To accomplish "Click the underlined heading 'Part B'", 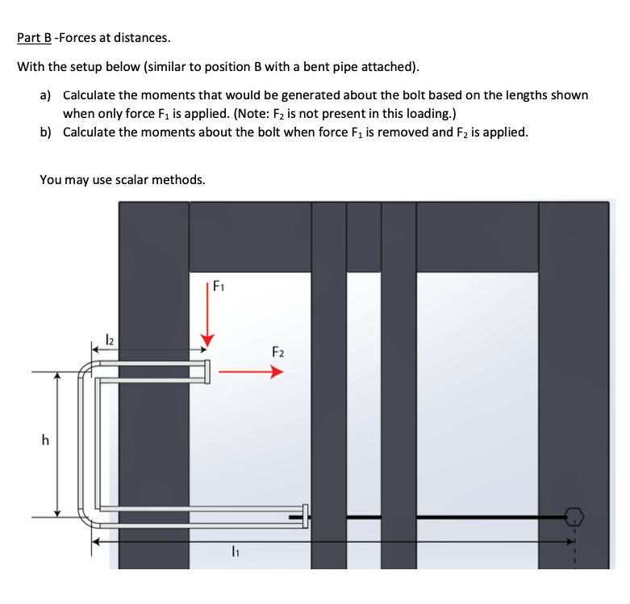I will tap(32, 37).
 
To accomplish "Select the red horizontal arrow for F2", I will tap(251, 372).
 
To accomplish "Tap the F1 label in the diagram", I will tap(219, 285).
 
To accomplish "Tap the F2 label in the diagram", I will tap(277, 353).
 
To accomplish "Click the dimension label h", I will tap(45, 441).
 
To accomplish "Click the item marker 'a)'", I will tap(47, 95).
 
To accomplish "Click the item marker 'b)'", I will tap(47, 132).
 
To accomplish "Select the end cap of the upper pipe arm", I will tap(207, 371).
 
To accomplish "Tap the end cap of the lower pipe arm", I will tap(305, 515).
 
